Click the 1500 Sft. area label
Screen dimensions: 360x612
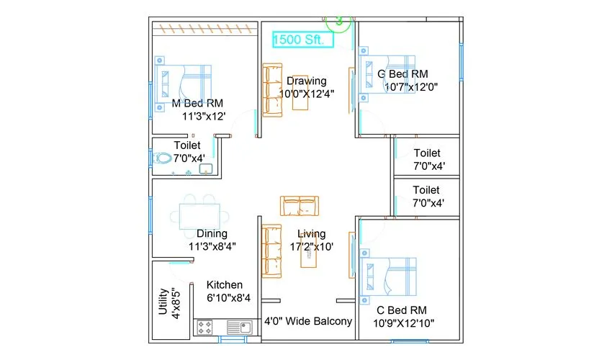point(302,40)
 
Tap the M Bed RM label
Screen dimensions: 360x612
point(198,102)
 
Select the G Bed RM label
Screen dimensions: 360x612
point(402,73)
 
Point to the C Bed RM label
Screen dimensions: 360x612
point(401,310)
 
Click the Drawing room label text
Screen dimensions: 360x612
point(306,81)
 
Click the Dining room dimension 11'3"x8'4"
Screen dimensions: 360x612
point(212,246)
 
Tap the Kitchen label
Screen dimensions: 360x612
point(225,285)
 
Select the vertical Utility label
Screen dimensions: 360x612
point(163,302)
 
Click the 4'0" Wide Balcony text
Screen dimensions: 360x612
point(308,321)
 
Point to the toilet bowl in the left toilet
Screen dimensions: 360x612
point(164,158)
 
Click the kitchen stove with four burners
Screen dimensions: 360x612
point(204,328)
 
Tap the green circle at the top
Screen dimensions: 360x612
point(338,20)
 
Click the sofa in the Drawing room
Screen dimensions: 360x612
point(272,89)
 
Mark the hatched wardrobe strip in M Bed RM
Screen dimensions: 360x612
point(204,29)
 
